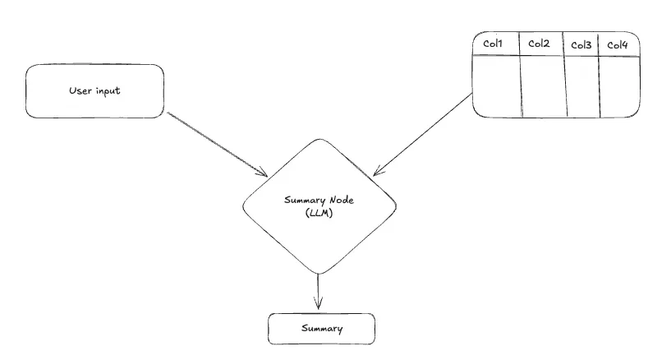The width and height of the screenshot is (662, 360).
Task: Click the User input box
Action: pyautogui.click(x=95, y=91)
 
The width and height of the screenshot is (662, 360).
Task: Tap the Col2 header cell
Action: pyautogui.click(x=539, y=44)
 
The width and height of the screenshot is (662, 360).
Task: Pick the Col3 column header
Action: pyautogui.click(x=581, y=44)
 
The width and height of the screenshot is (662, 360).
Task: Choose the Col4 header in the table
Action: pyautogui.click(x=617, y=44)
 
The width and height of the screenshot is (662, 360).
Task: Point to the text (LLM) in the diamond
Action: pyautogui.click(x=316, y=213)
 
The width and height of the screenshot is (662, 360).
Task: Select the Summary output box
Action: pyautogui.click(x=322, y=328)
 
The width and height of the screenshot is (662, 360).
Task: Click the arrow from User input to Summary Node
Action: pyautogui.click(x=217, y=143)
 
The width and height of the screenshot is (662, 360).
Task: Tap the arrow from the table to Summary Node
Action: pyautogui.click(x=424, y=135)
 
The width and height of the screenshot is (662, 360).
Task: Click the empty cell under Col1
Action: pyautogui.click(x=496, y=86)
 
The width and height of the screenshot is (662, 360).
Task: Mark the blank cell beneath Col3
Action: pyautogui.click(x=582, y=86)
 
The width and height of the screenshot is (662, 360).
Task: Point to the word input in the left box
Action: pyautogui.click(x=108, y=91)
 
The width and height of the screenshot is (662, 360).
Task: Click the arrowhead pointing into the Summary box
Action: pyautogui.click(x=318, y=306)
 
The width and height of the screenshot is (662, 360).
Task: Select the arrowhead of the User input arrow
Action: pyautogui.click(x=263, y=173)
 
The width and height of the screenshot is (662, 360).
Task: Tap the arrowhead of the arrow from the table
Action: pyautogui.click(x=378, y=172)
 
